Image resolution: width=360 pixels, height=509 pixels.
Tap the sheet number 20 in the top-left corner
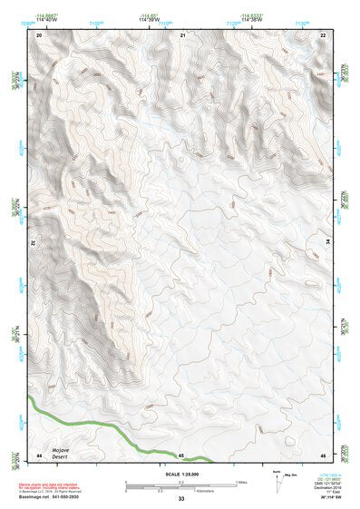[38, 34]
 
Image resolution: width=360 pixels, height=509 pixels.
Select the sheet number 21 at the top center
[182, 34]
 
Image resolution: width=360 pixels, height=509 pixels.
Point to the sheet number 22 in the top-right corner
[324, 34]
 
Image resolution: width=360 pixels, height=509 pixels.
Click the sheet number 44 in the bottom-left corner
[38, 455]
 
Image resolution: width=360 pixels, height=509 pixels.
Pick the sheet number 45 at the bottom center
[181, 455]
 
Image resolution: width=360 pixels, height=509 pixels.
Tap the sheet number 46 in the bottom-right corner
[324, 455]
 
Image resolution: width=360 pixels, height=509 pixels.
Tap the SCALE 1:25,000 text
[181, 474]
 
